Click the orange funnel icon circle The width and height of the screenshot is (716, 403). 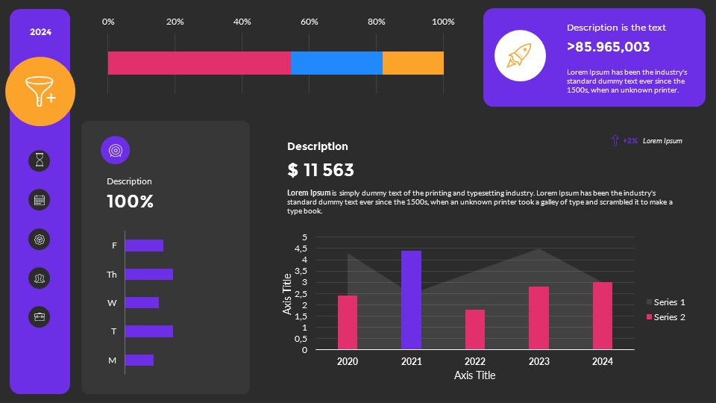40,91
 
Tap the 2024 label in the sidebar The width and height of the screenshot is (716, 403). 40,32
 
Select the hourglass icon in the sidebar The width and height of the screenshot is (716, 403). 40,160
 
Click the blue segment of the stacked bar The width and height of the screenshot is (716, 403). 336,63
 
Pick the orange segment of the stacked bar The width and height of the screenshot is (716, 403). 413,63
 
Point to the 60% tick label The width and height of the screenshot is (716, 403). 309,22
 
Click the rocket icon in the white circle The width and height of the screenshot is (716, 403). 519,56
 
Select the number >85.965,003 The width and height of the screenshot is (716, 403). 608,47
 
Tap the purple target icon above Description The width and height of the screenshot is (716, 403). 115,150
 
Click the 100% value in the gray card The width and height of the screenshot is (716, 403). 130,201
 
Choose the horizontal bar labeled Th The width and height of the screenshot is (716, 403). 148,275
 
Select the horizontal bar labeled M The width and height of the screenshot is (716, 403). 139,360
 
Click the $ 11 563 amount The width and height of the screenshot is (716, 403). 320,170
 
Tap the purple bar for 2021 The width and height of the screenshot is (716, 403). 411,300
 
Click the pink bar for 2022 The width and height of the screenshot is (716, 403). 475,329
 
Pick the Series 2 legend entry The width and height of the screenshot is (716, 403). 665,317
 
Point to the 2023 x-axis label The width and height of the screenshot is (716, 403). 538,361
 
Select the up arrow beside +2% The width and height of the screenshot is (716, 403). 615,140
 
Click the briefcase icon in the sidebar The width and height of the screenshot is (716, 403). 40,316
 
